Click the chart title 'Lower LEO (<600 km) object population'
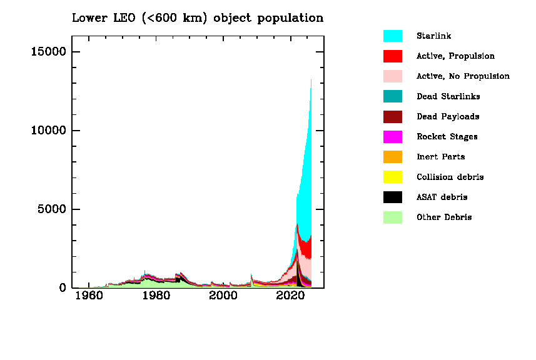pos(198,18)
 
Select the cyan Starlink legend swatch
pos(392,36)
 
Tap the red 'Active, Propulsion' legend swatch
pos(392,56)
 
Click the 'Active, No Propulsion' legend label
pos(463,76)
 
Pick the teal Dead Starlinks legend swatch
pos(392,96)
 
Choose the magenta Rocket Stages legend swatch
pos(392,137)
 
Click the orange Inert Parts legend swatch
pos(392,157)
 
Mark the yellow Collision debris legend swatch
pos(392,177)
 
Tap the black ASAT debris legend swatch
pos(392,197)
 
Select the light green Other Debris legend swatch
pos(392,217)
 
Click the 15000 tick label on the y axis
pos(48,52)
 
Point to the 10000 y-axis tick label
pos(48,131)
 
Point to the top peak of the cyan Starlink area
pos(311,80)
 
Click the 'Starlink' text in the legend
pos(433,36)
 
